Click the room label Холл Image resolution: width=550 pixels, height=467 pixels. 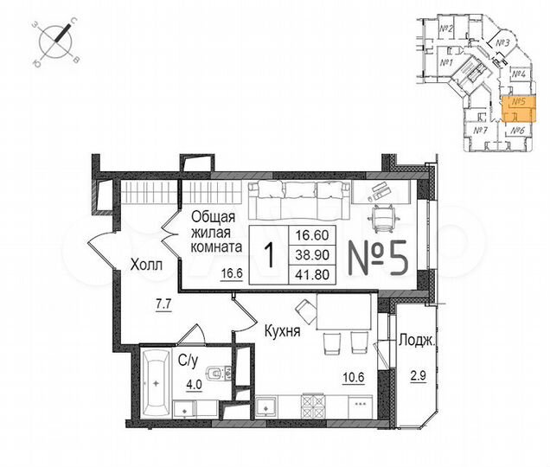click(x=145, y=265)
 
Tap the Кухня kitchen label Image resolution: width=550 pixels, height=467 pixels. click(x=283, y=329)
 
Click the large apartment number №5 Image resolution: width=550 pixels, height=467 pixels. click(x=376, y=256)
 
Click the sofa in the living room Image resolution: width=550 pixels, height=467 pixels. click(x=295, y=198)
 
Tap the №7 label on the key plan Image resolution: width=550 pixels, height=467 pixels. click(x=481, y=131)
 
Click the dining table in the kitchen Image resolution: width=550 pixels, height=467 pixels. click(x=343, y=311)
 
